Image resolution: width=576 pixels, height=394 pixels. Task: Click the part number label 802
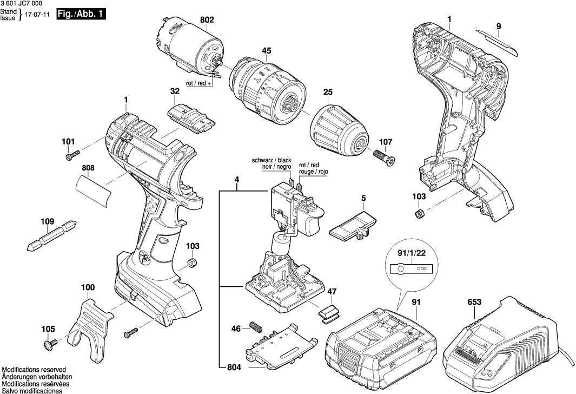click(x=207, y=20)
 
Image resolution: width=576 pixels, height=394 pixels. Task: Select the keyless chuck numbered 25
click(x=338, y=130)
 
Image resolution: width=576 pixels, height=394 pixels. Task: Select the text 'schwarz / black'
click(x=272, y=161)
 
